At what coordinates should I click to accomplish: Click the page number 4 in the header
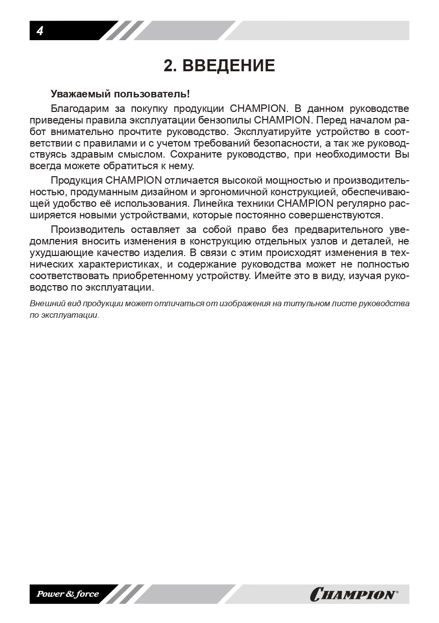40,31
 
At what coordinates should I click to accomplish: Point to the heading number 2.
170,66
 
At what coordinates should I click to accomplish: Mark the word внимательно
83,132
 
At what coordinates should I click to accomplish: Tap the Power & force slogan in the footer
67,594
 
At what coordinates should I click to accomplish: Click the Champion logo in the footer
354,594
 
